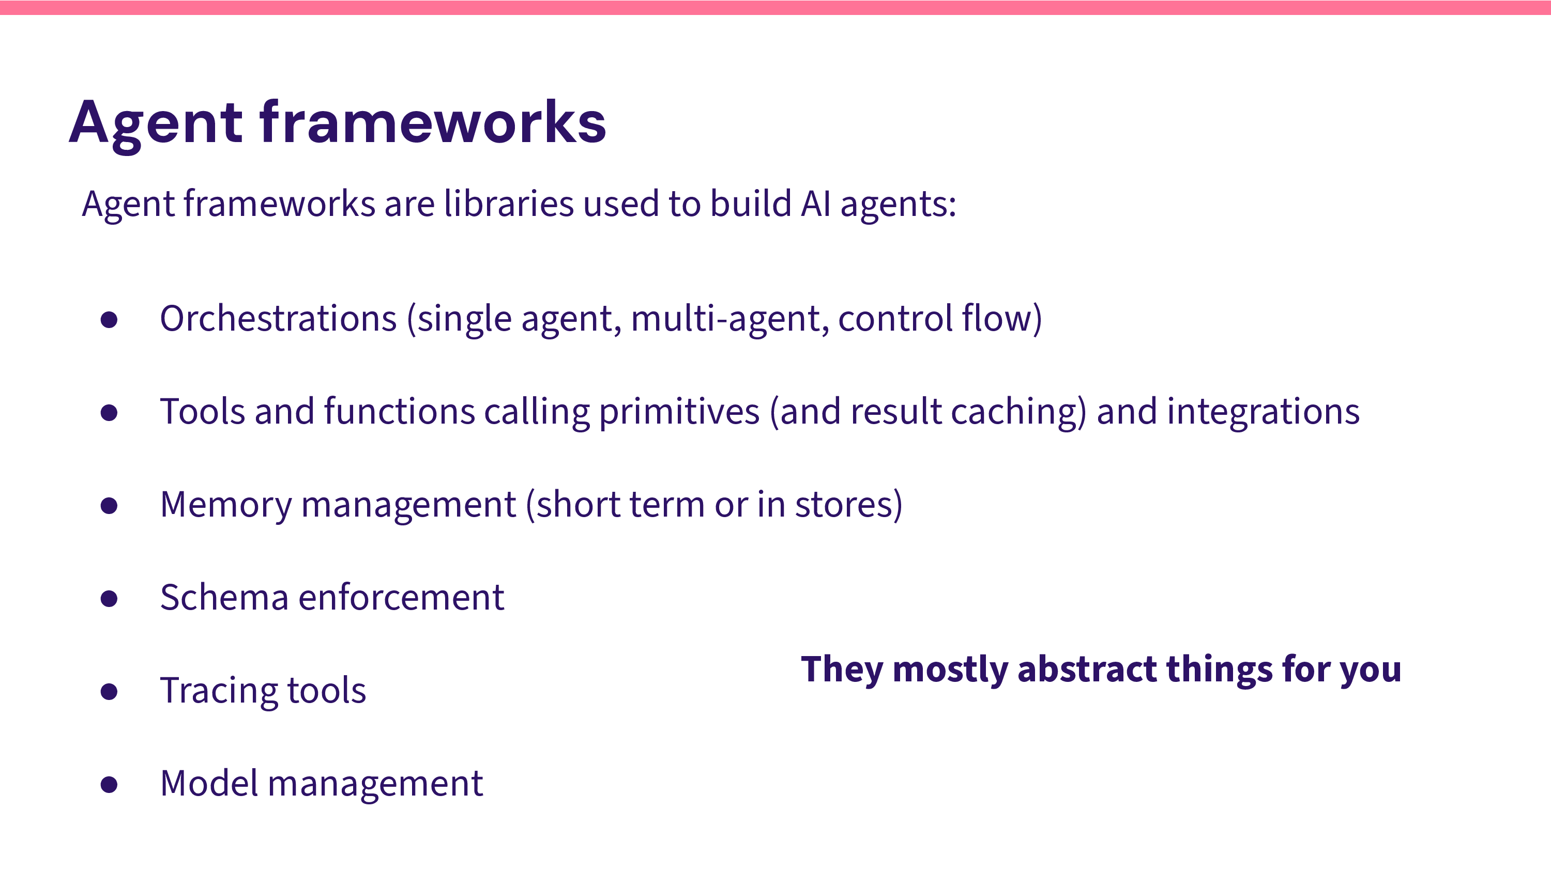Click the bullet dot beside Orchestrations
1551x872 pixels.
tap(109, 320)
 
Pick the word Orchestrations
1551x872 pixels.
tap(278, 318)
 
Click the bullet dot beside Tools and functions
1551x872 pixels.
tap(109, 413)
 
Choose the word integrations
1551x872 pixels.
tap(1263, 412)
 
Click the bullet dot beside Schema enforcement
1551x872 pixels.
tap(109, 599)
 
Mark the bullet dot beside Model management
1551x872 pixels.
tap(109, 785)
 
